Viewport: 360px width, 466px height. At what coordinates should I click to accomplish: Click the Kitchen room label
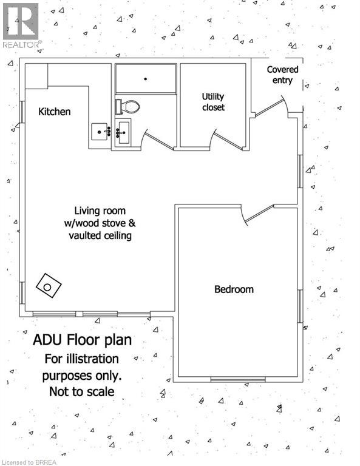[55, 112]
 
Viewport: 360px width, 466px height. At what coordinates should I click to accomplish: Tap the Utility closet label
[213, 102]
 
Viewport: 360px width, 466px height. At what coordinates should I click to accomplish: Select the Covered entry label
[282, 75]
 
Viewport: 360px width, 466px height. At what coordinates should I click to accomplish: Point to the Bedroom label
[234, 289]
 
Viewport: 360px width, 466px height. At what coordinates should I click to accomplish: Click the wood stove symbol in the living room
[49, 286]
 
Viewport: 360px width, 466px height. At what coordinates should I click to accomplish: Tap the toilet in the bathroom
[127, 107]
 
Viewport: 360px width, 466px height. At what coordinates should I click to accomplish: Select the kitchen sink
[100, 132]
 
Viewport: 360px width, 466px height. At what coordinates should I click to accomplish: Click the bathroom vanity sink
[122, 132]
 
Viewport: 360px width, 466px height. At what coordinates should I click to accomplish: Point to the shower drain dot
[145, 79]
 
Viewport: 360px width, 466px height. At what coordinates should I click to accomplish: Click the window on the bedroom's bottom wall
[238, 379]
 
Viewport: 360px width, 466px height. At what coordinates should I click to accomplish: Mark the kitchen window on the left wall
[22, 112]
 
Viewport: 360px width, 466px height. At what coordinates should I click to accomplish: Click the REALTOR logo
[21, 25]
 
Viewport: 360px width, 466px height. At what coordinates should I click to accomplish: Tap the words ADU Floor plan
[83, 340]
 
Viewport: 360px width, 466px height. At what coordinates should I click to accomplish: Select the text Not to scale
[82, 392]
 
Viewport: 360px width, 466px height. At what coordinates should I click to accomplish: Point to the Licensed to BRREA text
[29, 462]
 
